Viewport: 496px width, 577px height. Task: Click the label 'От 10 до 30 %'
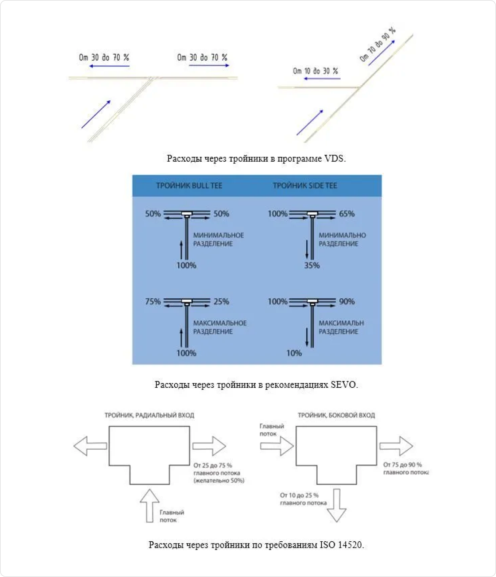tap(315, 71)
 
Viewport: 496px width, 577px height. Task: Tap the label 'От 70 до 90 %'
tap(377, 44)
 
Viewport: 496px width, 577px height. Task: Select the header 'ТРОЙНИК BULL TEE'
tap(189, 186)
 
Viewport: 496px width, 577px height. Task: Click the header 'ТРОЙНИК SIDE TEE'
tap(305, 186)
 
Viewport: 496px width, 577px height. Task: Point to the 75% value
tap(153, 302)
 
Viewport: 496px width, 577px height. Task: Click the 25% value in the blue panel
tap(221, 302)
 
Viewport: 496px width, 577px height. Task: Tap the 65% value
tap(347, 214)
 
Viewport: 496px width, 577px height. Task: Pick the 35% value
tap(312, 266)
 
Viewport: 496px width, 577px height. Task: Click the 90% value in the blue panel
tap(347, 302)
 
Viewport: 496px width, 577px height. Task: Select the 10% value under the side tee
tap(294, 353)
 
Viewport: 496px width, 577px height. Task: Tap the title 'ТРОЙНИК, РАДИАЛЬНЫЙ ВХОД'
tap(149, 415)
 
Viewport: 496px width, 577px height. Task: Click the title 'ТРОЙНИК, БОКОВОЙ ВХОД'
tap(336, 415)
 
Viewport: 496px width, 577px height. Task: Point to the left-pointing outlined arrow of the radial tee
tap(90, 446)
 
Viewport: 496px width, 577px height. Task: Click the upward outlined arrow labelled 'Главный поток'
tap(150, 506)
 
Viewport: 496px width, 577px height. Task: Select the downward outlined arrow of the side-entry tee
tap(336, 506)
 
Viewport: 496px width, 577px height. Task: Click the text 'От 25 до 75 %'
tap(213, 465)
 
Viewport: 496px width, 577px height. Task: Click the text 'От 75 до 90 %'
tap(403, 465)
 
